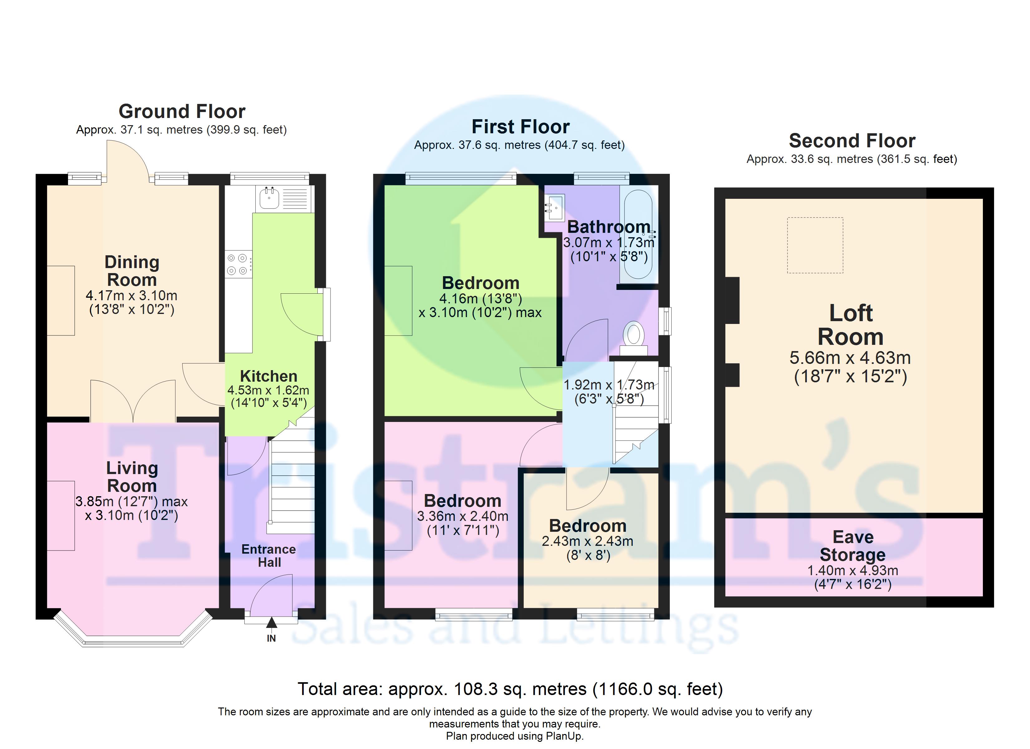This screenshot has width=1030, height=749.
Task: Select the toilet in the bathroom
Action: coord(634,338)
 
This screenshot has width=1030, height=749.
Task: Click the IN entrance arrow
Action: coord(271,622)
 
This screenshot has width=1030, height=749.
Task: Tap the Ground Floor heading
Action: coord(182,111)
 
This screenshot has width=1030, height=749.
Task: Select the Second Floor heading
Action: coord(852,141)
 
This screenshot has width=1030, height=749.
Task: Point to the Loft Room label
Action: coord(851,325)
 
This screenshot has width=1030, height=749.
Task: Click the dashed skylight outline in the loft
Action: coord(815,245)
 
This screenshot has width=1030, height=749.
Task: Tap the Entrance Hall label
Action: coord(269,556)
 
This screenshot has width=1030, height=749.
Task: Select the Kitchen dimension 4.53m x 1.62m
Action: coord(268,390)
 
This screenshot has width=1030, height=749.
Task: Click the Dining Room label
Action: coord(132,271)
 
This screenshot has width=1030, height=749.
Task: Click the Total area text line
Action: coord(510,689)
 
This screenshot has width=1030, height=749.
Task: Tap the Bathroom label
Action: coord(609,227)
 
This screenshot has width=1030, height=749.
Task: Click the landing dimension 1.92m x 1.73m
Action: coord(609,385)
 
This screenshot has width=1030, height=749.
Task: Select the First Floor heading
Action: coord(520,127)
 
